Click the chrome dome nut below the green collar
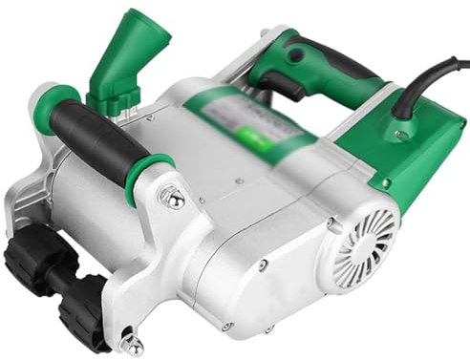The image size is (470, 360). click(175, 199)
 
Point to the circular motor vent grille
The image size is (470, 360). click(369, 235)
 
